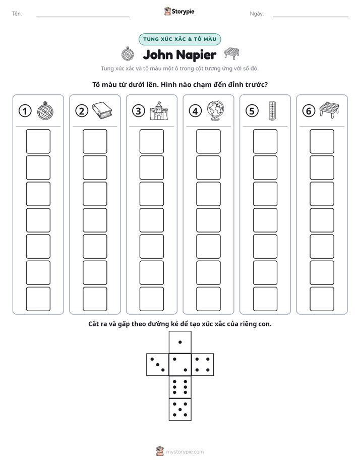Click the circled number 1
tap(25, 111)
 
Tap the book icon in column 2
tap(102, 110)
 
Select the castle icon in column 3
tap(159, 110)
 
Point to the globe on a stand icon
tap(216, 110)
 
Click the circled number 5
tap(252, 111)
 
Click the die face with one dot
tap(180, 342)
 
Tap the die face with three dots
tap(158, 364)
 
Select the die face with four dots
tap(203, 364)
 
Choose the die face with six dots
tap(180, 387)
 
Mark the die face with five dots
tap(180, 410)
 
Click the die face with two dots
tap(180, 364)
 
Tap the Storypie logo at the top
tap(179, 11)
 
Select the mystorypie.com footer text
tap(185, 452)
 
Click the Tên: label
tap(17, 14)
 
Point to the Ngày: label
tap(257, 14)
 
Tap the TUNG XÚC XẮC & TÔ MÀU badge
tap(179, 39)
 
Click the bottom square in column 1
tap(38, 299)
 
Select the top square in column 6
tap(322, 141)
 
